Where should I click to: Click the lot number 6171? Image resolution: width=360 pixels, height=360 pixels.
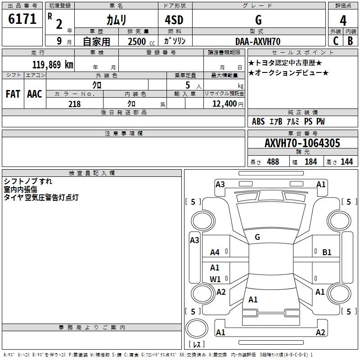tap(22, 19)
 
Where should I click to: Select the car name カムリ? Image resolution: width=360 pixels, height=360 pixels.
tap(116, 20)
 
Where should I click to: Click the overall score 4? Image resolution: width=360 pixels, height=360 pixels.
tap(343, 20)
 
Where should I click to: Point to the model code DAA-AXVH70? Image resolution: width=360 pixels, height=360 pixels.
tap(258, 41)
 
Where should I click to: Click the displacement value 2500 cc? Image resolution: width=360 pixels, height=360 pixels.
tap(138, 41)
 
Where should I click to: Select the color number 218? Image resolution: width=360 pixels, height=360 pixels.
tap(74, 104)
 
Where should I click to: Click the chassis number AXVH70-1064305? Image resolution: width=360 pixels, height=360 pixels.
tap(302, 143)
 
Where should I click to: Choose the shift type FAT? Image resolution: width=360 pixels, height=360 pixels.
tap(13, 94)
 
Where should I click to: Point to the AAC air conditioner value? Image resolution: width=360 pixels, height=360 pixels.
tap(35, 94)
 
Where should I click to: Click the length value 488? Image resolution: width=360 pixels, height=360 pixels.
tap(273, 162)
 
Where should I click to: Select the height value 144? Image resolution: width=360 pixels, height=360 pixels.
tap(346, 162)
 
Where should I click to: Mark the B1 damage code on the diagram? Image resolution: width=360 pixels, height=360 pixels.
tap(327, 252)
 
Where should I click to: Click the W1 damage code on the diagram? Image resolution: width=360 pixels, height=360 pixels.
tap(215, 279)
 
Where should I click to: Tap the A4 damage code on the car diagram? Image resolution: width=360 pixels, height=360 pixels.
tap(215, 252)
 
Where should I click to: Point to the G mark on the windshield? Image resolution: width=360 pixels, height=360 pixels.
tap(257, 237)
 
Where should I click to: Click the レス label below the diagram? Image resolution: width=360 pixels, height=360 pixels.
tap(197, 345)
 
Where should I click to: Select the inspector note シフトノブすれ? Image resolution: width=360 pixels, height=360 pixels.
tap(28, 181)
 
